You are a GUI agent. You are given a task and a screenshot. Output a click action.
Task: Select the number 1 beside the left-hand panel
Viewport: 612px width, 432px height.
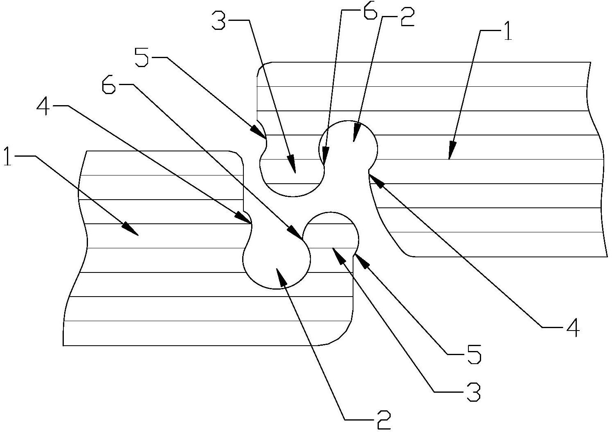[x=8, y=156]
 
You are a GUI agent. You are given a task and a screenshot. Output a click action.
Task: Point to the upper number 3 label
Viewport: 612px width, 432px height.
[x=219, y=20]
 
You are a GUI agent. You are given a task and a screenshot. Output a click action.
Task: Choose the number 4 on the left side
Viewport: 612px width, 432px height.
[x=44, y=106]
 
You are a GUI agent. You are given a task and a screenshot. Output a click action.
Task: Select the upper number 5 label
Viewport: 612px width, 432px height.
[x=142, y=57]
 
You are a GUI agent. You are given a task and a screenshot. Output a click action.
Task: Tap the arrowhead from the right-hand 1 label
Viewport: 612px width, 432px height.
[x=451, y=150]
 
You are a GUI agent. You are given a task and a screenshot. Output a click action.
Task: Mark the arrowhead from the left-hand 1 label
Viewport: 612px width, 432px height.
[x=130, y=229]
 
